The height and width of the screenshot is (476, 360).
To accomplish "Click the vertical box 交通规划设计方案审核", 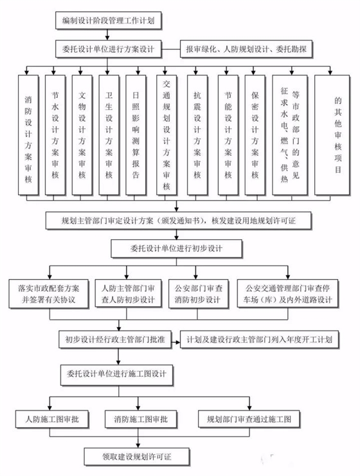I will pyautogui.click(x=166, y=134).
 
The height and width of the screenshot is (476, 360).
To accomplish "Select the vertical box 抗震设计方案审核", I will pyautogui.click(x=197, y=134).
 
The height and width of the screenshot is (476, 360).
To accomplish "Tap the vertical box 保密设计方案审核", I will pyautogui.click(x=255, y=134).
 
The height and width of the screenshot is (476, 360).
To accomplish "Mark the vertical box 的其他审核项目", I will pyautogui.click(x=334, y=134).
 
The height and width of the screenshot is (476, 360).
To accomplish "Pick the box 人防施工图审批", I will pyautogui.click(x=48, y=419).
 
